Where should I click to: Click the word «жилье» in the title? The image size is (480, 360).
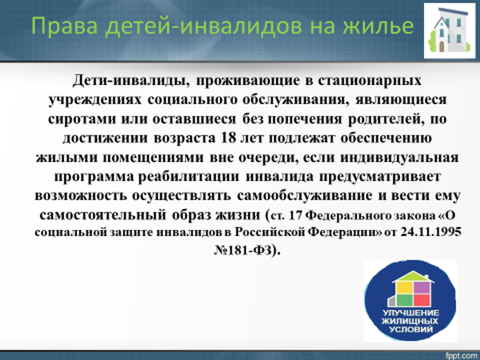pos(378,27)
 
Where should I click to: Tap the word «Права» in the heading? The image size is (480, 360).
pos(65,27)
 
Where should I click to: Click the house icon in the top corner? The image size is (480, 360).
pos(450,30)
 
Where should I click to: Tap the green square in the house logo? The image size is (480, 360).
pos(404,300)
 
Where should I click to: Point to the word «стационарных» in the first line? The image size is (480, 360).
pos(370,81)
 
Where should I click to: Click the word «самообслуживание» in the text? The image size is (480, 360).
pos(305,195)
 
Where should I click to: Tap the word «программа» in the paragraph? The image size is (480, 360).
pos(94,177)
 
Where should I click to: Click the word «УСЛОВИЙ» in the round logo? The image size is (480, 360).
pos(411,330)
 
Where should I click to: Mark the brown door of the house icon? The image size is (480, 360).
pos(442,46)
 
